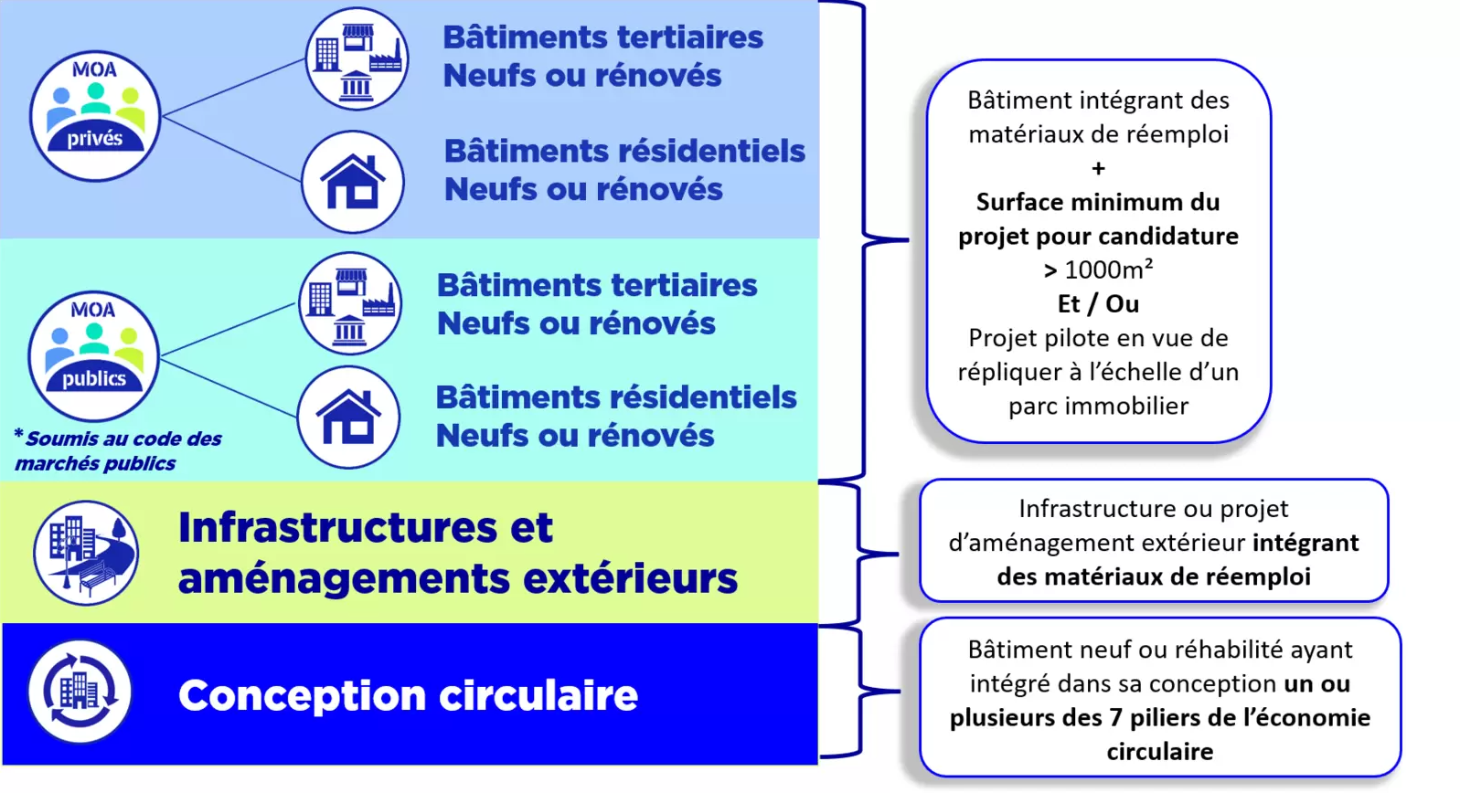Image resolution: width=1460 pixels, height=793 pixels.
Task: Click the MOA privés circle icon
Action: [95, 116]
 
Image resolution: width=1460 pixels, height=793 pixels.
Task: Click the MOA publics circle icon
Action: [94, 355]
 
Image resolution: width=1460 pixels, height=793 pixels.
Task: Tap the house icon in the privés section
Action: [353, 182]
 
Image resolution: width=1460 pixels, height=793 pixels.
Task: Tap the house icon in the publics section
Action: [348, 417]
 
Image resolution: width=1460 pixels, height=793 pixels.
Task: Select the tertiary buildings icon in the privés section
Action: [357, 58]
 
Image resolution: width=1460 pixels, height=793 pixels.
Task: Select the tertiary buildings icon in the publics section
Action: [350, 303]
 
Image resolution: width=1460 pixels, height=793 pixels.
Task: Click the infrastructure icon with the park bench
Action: [86, 553]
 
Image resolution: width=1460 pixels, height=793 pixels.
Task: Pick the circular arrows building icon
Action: [80, 692]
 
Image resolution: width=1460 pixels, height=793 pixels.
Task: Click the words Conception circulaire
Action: [408, 695]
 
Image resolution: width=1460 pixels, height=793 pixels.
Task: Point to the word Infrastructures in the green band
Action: [337, 527]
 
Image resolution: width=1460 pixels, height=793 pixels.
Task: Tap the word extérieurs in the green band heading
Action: [630, 578]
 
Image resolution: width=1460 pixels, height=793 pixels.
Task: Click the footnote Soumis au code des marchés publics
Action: [118, 450]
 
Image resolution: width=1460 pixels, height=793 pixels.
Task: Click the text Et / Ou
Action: [1098, 303]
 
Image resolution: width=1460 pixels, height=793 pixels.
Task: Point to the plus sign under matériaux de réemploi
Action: [1098, 168]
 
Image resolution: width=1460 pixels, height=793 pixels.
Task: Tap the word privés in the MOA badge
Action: [95, 138]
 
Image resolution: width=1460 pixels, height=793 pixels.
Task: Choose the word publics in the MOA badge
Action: [94, 378]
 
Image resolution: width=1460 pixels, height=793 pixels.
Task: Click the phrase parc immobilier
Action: [1098, 406]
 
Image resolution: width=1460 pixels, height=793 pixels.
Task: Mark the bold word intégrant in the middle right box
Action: [1305, 543]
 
